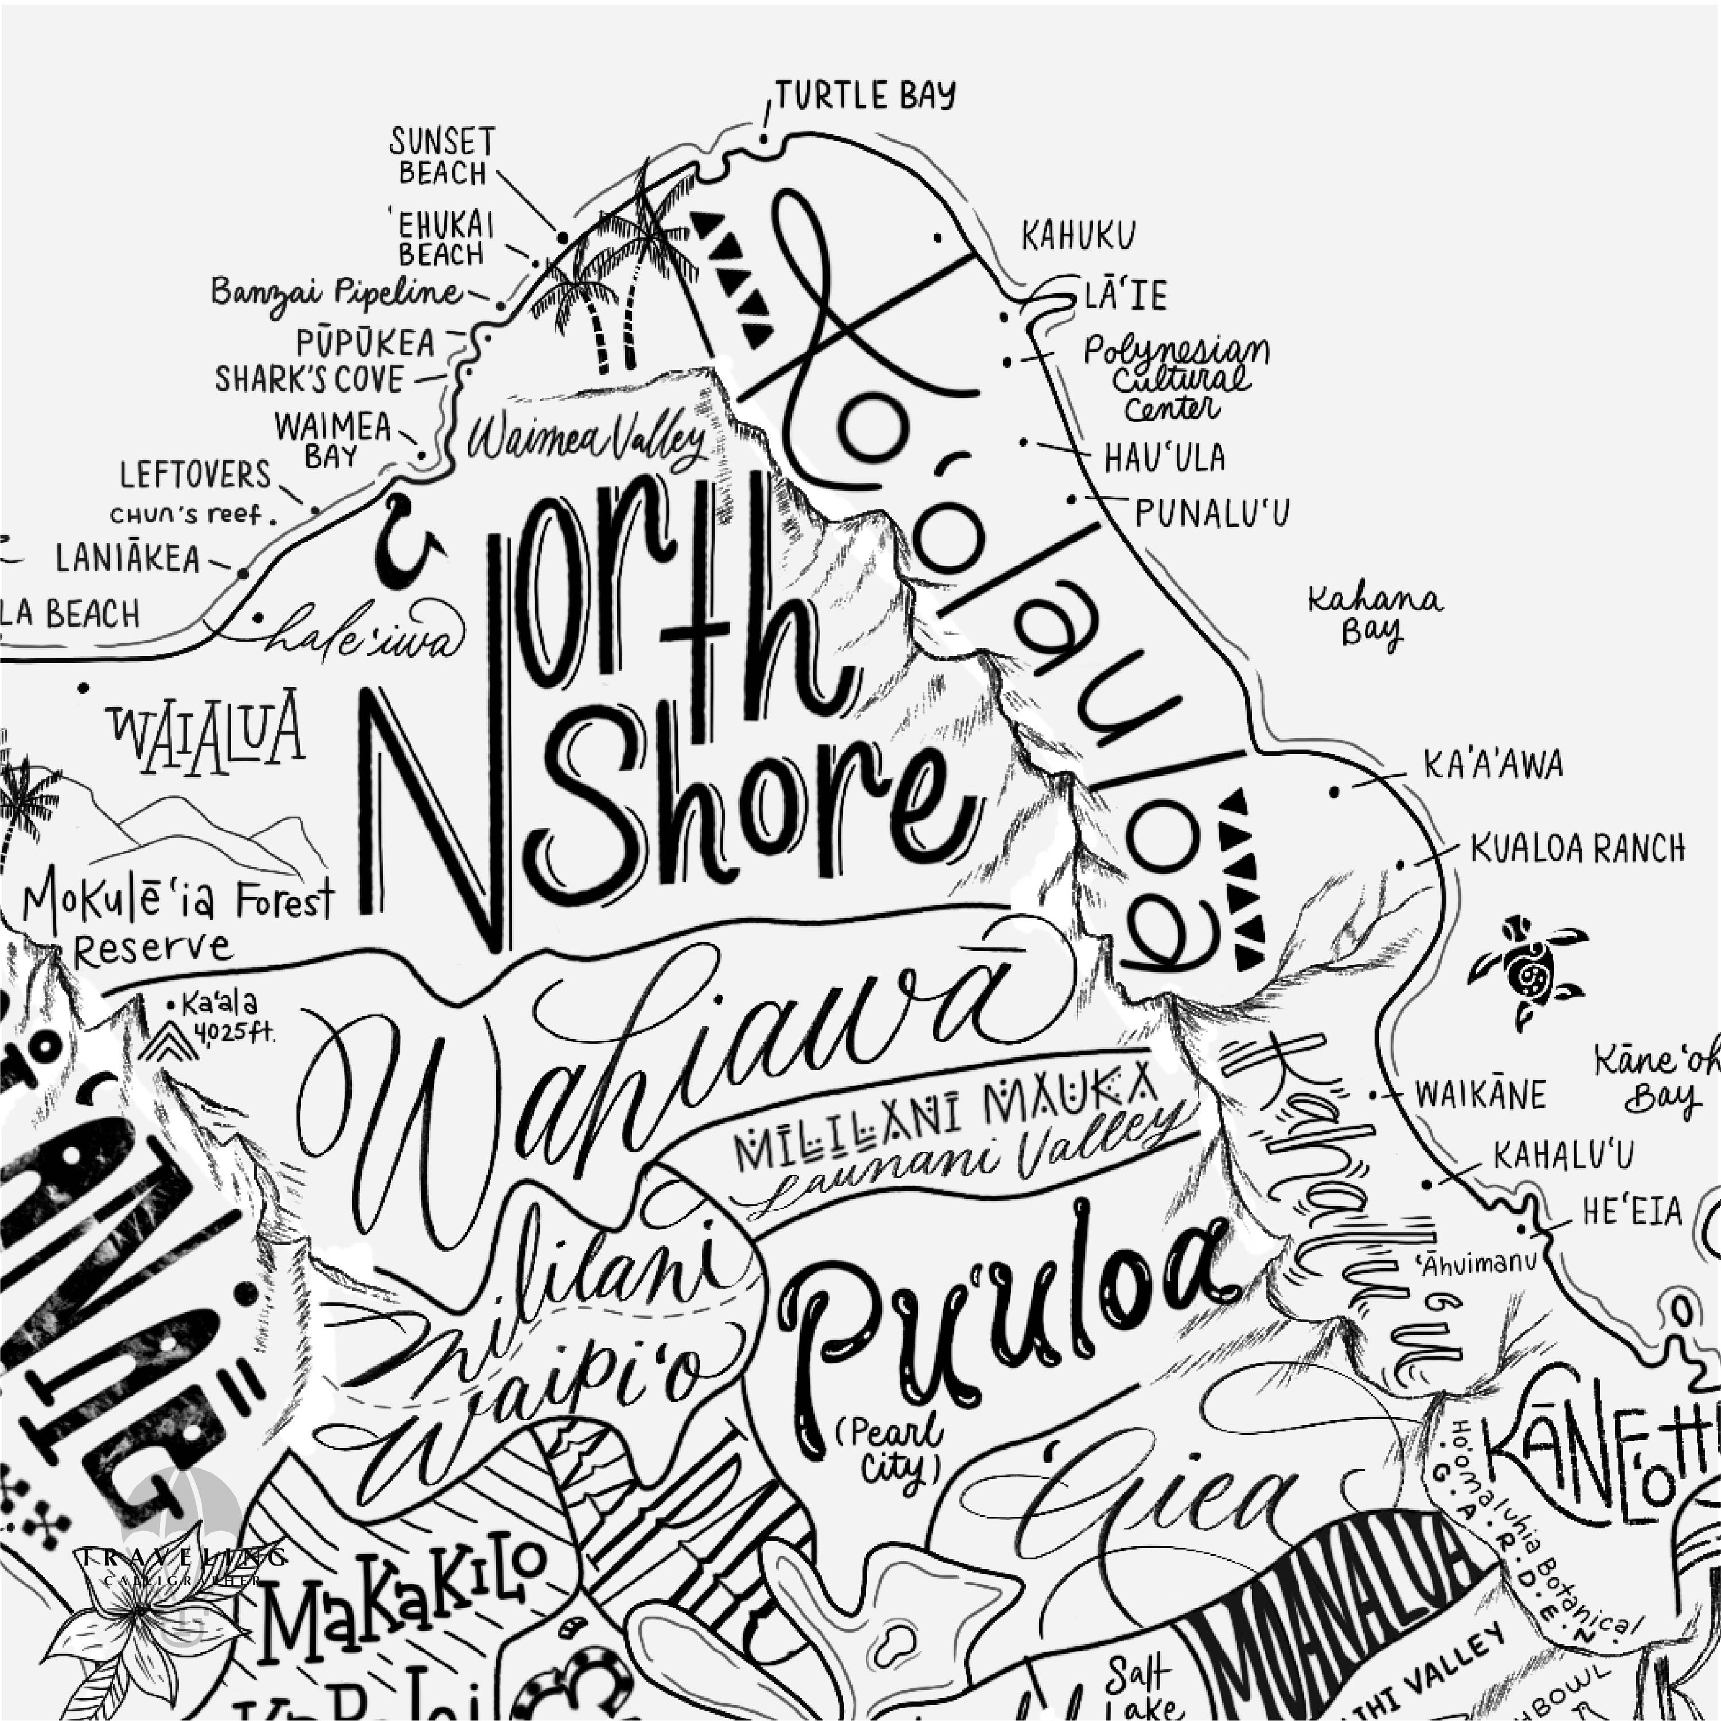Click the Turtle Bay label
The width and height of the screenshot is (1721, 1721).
click(x=864, y=95)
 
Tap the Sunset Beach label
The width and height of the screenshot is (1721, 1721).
click(x=442, y=156)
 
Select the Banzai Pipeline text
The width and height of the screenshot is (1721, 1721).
click(x=337, y=292)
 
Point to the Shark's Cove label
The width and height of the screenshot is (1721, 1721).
click(x=309, y=380)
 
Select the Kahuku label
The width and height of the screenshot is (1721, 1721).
click(x=1078, y=237)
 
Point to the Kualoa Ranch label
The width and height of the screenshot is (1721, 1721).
click(x=1576, y=849)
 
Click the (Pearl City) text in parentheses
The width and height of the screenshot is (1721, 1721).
click(x=891, y=1449)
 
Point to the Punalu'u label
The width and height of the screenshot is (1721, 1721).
click(x=1212, y=513)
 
